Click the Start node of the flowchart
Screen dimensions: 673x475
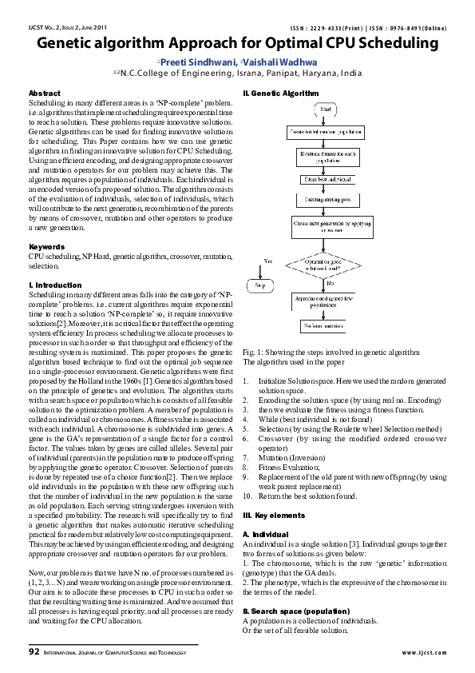coord(330,108)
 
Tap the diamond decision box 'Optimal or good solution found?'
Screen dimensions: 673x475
coord(330,265)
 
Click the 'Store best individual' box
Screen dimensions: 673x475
coord(330,181)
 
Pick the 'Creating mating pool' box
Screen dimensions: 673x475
coord(330,198)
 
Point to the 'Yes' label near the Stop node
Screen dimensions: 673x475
coord(268,261)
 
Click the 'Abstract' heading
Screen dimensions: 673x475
coord(44,94)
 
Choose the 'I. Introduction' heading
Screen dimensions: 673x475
coord(56,285)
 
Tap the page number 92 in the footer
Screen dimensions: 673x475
coord(34,651)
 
